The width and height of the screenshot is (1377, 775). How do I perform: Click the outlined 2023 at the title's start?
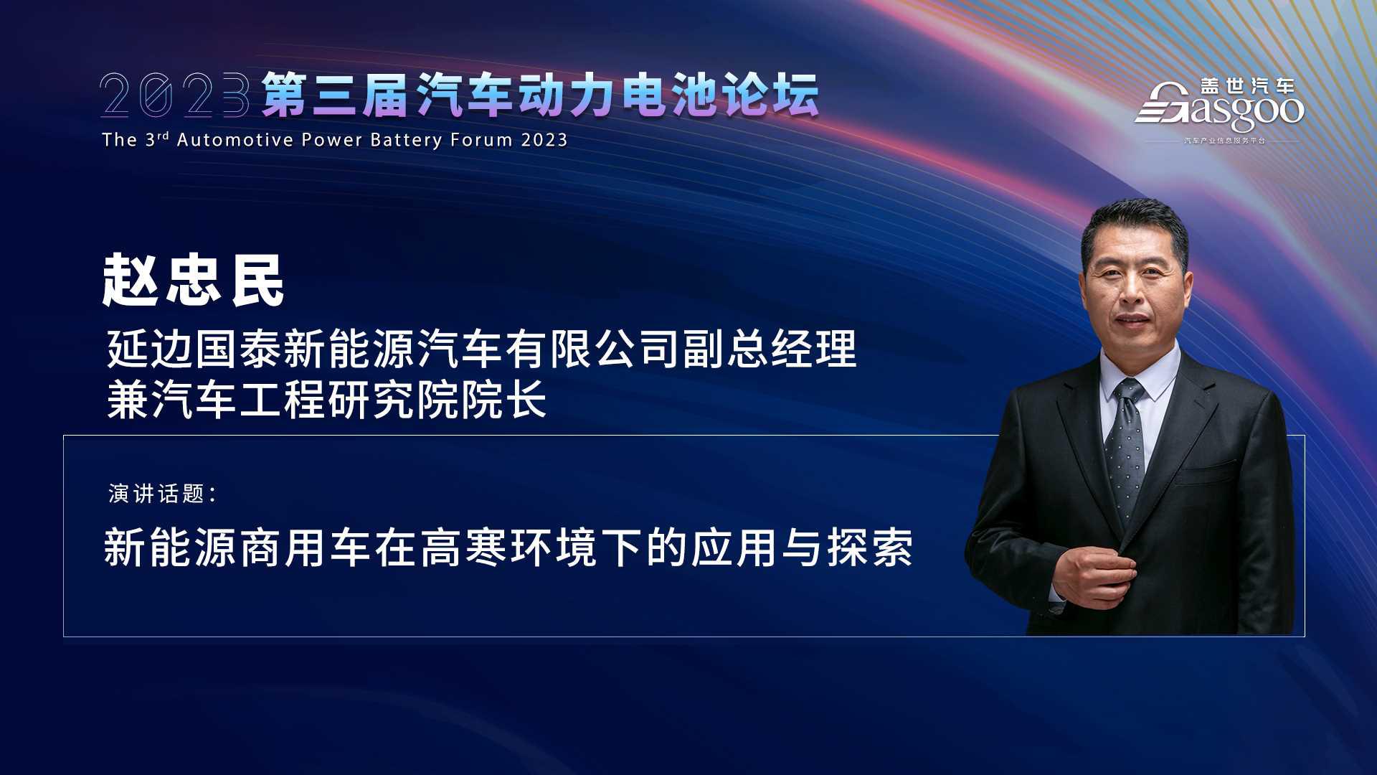click(x=175, y=94)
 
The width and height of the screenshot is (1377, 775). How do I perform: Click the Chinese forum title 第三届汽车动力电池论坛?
click(x=540, y=94)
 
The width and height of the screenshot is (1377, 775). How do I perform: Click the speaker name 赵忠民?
click(x=194, y=281)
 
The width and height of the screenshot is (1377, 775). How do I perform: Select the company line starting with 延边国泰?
click(x=482, y=349)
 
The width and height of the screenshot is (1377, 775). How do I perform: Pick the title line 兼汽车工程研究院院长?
click(x=327, y=399)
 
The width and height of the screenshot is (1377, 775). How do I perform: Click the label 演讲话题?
click(x=163, y=494)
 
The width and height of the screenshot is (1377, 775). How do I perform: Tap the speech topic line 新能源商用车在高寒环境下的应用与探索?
click(x=508, y=548)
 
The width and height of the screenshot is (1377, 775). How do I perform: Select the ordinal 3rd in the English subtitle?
click(x=157, y=138)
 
